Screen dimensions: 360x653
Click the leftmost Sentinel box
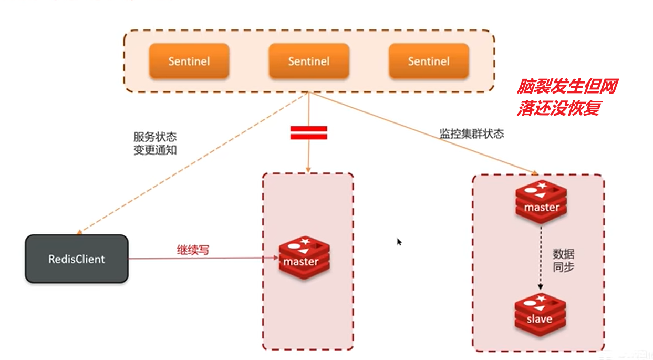tap(189, 61)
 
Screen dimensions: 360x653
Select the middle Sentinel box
tap(309, 61)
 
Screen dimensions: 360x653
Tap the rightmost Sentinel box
tap(429, 61)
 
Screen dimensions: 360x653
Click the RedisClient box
tap(77, 259)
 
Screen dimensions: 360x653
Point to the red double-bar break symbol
tap(309, 132)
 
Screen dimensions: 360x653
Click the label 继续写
tap(192, 250)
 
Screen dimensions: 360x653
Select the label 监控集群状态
tap(472, 133)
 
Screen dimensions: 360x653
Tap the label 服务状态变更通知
tap(155, 143)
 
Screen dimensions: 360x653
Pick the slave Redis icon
tap(540, 314)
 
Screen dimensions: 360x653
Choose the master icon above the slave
tap(541, 203)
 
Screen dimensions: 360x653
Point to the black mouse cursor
tap(399, 242)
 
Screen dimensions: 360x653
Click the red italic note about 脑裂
tap(566, 97)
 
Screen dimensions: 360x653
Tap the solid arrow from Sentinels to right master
tap(420, 133)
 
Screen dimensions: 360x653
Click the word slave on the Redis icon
tap(540, 319)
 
